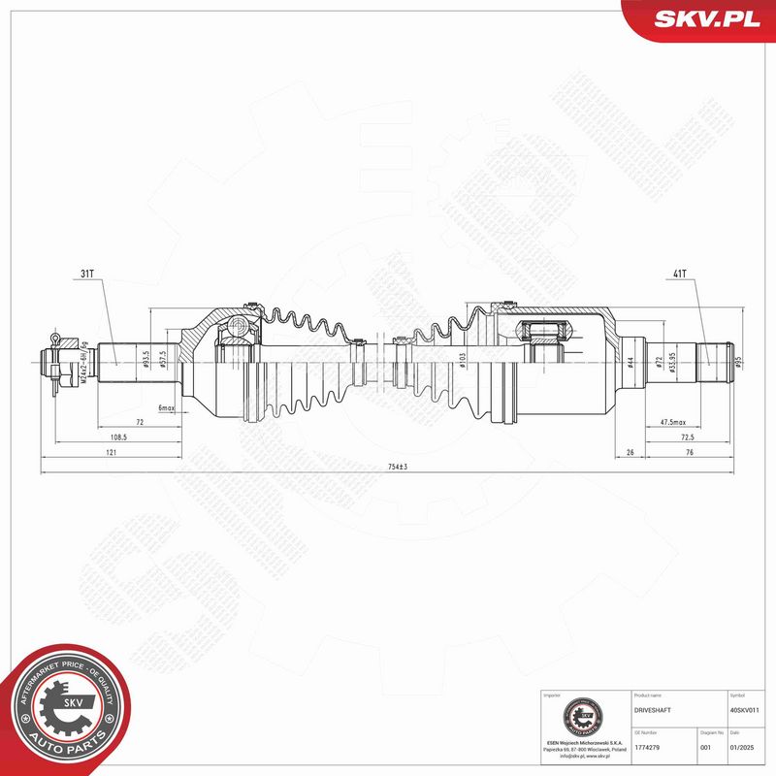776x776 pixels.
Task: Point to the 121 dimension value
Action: [112, 452]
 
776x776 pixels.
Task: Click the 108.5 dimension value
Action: [118, 437]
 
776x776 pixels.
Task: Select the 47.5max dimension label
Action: [673, 423]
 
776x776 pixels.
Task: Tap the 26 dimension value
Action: [630, 452]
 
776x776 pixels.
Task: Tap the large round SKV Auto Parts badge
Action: [66, 707]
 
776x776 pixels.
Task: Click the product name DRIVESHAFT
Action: [651, 710]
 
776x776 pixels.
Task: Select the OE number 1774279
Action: [647, 748]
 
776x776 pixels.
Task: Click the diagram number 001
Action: [704, 748]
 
